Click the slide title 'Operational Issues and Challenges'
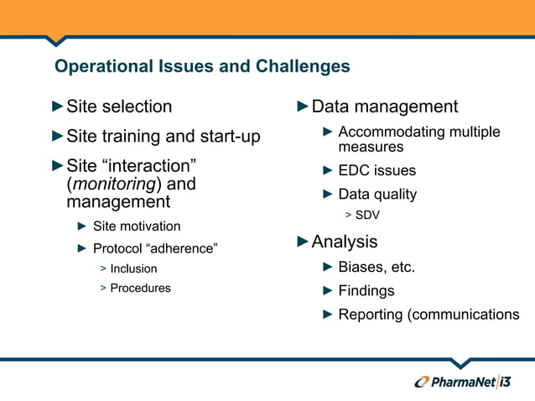[201, 66]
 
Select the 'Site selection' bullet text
[119, 107]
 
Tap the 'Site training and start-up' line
[163, 136]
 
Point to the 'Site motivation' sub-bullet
[136, 226]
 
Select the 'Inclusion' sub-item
[133, 268]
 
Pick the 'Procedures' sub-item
[140, 288]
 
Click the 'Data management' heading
[384, 107]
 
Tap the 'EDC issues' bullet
[377, 171]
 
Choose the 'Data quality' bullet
[377, 194]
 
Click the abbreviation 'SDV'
[367, 215]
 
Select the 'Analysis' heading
[344, 242]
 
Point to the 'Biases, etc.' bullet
[377, 268]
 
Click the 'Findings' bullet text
[366, 291]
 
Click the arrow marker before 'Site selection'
[57, 107]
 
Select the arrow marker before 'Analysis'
[303, 242]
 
